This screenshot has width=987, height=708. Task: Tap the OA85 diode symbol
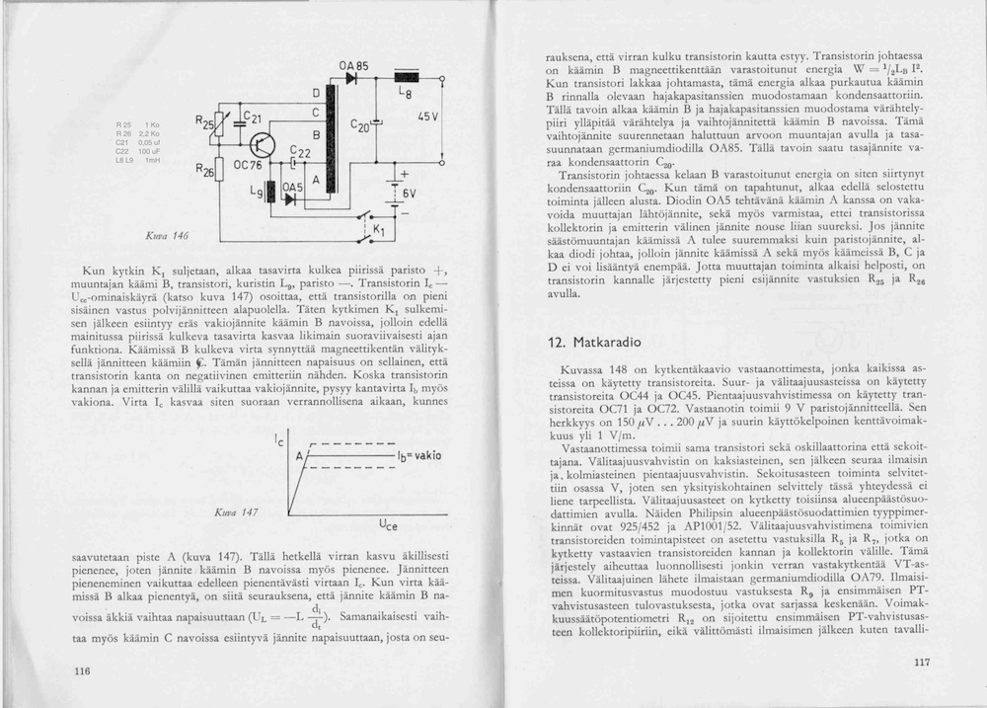pos(351,79)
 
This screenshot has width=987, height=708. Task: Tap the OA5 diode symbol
pos(289,197)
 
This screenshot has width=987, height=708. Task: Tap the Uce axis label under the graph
pos(388,525)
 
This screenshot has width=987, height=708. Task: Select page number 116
pos(82,670)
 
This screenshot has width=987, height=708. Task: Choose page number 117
pos(922,663)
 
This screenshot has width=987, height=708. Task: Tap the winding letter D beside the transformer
pos(315,92)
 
